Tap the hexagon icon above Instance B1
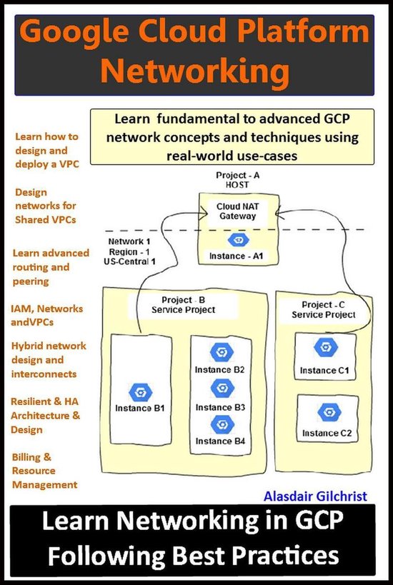[x=141, y=391]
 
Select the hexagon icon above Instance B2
[x=220, y=353]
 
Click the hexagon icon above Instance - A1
[x=239, y=241]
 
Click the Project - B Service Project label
[x=184, y=304]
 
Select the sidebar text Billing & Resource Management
[x=44, y=471]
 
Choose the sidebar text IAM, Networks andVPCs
[x=47, y=315]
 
